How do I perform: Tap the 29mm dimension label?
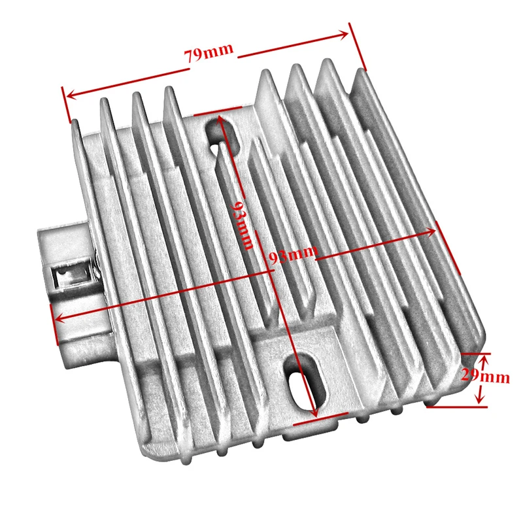click(x=486, y=377)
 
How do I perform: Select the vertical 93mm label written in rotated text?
click(x=243, y=225)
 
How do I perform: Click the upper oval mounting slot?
click(x=222, y=136)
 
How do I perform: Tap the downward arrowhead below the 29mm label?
click(x=480, y=399)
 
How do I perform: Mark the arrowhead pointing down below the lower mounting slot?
click(x=314, y=412)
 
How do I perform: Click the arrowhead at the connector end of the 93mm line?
click(x=60, y=318)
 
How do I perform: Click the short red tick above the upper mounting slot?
click(x=218, y=110)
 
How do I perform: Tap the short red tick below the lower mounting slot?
click(x=320, y=419)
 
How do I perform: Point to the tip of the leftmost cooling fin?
click(x=75, y=120)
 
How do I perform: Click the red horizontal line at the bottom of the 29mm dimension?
click(x=456, y=407)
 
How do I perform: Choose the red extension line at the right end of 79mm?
click(x=357, y=46)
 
